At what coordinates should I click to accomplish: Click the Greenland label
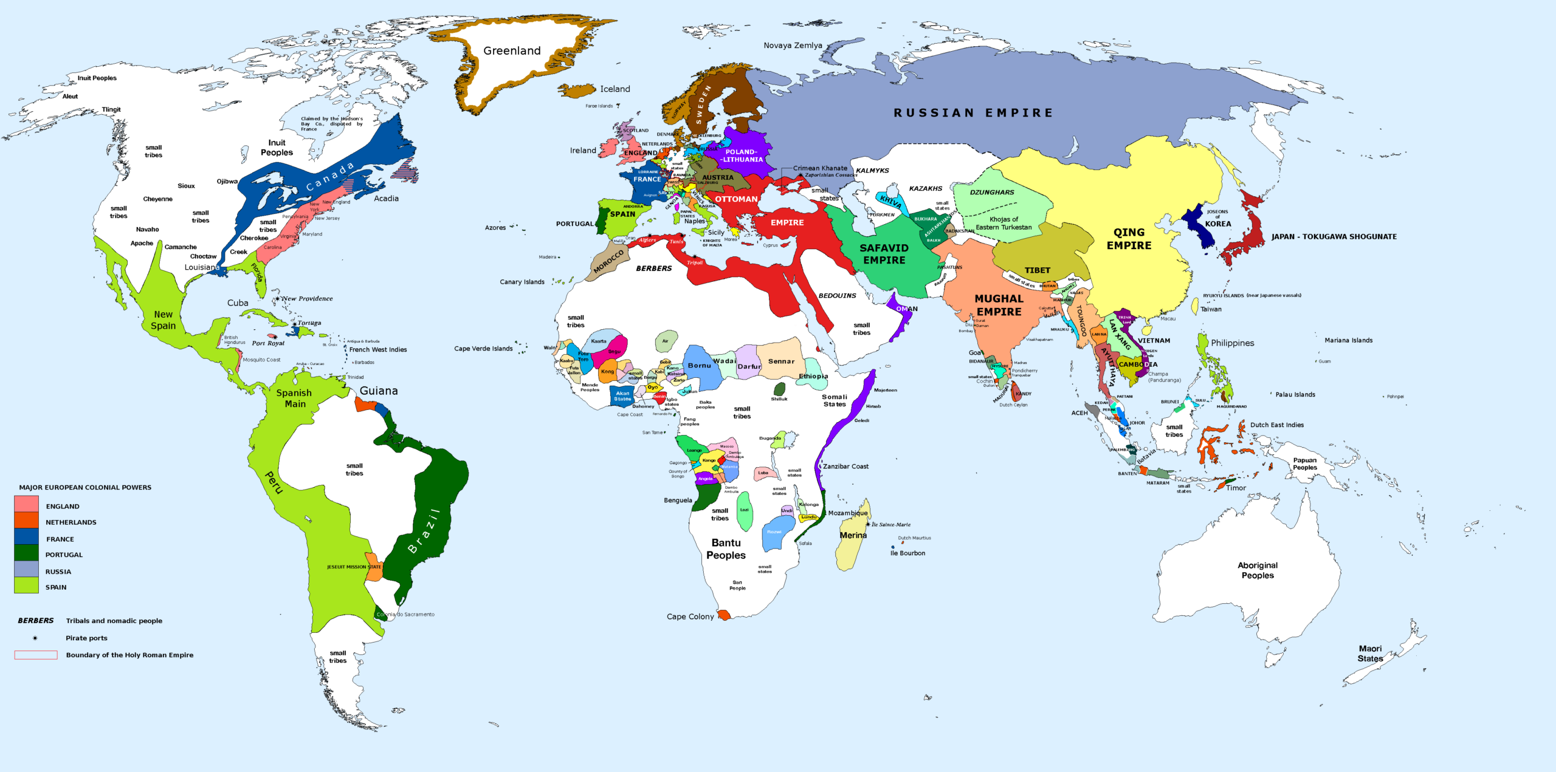pyautogui.click(x=512, y=51)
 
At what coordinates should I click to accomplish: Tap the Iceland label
pyautogui.click(x=614, y=89)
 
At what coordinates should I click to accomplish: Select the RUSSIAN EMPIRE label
pyautogui.click(x=973, y=113)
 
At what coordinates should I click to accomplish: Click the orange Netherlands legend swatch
pyautogui.click(x=26, y=521)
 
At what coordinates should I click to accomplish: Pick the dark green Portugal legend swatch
pyautogui.click(x=26, y=553)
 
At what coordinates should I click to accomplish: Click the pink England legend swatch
pyautogui.click(x=26, y=504)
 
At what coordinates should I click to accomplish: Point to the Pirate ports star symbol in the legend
pyautogui.click(x=35, y=638)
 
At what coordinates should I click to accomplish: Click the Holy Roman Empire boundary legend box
pyautogui.click(x=36, y=655)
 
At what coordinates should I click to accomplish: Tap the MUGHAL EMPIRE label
pyautogui.click(x=999, y=306)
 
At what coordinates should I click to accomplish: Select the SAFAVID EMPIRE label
pyautogui.click(x=884, y=254)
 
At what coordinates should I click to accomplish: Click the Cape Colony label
pyautogui.click(x=690, y=617)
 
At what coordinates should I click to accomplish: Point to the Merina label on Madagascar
pyautogui.click(x=853, y=535)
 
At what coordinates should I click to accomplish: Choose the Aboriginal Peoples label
pyautogui.click(x=1258, y=570)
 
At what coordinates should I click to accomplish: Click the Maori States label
pyautogui.click(x=1370, y=654)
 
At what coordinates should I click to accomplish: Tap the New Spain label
pyautogui.click(x=163, y=320)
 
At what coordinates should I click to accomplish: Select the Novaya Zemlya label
pyautogui.click(x=793, y=46)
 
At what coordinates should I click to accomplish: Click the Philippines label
pyautogui.click(x=1232, y=343)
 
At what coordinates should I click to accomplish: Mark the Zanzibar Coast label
pyautogui.click(x=845, y=466)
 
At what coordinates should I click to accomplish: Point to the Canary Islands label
pyautogui.click(x=522, y=282)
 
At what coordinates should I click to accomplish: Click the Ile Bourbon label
pyautogui.click(x=907, y=553)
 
